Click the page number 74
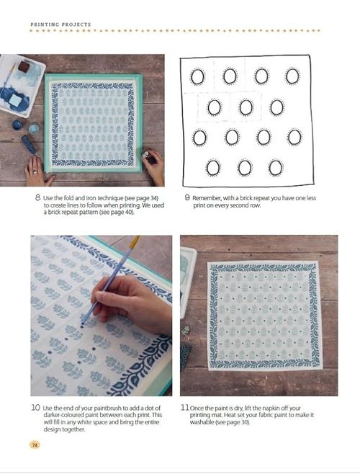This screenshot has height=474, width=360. point(35,444)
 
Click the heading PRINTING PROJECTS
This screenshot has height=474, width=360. point(60,24)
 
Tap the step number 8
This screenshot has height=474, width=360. point(37,197)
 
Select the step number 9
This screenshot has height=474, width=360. point(187,197)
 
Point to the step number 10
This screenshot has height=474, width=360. point(35,407)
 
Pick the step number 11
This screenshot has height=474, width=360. point(185,407)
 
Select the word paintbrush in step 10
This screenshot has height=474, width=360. point(109,408)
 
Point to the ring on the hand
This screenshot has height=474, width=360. point(35,171)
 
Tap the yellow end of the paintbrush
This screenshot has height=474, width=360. point(135,241)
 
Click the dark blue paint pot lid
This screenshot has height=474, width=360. point(17,124)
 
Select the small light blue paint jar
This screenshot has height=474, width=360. point(34,128)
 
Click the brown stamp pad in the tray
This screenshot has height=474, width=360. point(24,66)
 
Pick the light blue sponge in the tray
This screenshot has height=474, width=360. point(15,99)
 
